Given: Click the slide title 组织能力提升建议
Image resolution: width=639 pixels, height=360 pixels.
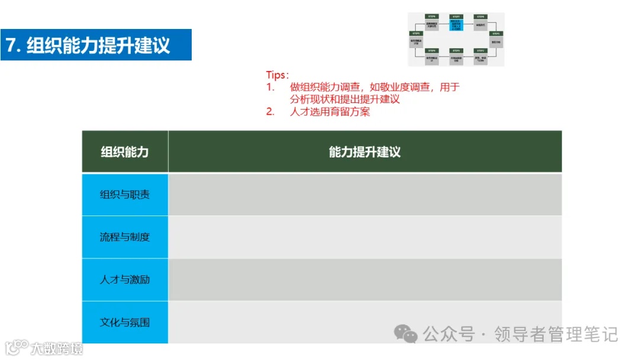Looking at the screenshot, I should [98, 45].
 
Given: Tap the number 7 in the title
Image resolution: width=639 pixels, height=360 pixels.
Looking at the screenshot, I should [11, 45].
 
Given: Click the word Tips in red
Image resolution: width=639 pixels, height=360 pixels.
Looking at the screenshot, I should [276, 75].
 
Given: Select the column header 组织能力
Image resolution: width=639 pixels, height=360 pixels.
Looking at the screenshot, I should [125, 152].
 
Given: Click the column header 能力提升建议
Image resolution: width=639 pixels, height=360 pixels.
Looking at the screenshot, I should [364, 152].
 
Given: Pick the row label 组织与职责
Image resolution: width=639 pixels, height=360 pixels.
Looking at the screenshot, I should [125, 194].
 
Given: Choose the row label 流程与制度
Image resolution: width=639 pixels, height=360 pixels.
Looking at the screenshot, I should [125, 237].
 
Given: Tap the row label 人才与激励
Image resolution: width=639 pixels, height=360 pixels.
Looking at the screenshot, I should [125, 279].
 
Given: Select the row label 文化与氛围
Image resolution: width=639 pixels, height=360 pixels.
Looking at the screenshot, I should [125, 322].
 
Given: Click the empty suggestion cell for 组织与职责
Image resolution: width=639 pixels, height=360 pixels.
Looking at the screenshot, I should [364, 194].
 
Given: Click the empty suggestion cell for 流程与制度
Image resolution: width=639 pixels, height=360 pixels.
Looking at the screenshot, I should [364, 237].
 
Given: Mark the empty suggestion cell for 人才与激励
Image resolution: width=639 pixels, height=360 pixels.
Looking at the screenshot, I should [364, 279].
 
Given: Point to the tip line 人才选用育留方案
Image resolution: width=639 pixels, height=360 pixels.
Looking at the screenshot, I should [330, 111].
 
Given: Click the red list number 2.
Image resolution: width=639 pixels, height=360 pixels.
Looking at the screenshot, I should [270, 111].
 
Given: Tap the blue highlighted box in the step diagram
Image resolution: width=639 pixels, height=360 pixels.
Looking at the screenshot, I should [456, 25].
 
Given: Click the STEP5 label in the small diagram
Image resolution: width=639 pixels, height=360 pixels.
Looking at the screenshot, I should [416, 34].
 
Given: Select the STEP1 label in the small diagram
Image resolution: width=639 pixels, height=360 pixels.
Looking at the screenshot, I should [496, 34].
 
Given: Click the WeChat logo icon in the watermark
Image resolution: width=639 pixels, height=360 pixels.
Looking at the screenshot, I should [406, 334].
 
